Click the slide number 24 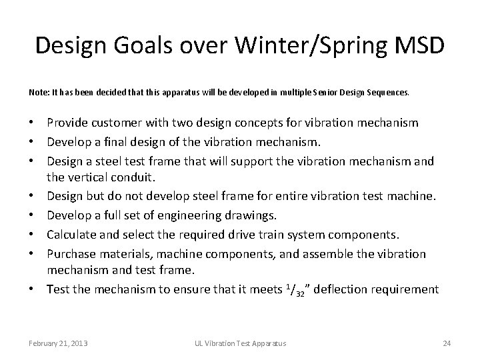(447, 343)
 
